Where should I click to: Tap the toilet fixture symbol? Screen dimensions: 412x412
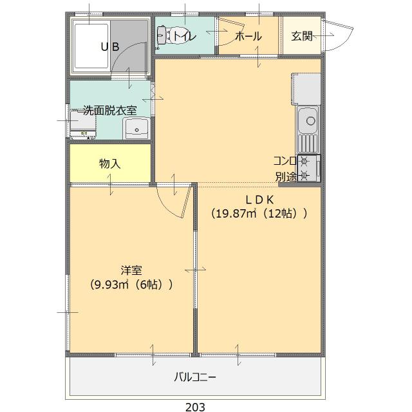164,36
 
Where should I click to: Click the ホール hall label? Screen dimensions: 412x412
248,37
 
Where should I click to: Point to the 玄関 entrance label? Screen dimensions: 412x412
301,37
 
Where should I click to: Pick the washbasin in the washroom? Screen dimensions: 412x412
136,129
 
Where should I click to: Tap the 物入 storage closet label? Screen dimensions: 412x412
109,164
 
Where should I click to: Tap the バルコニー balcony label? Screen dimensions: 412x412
195,377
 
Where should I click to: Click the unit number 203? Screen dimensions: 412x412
196,406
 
